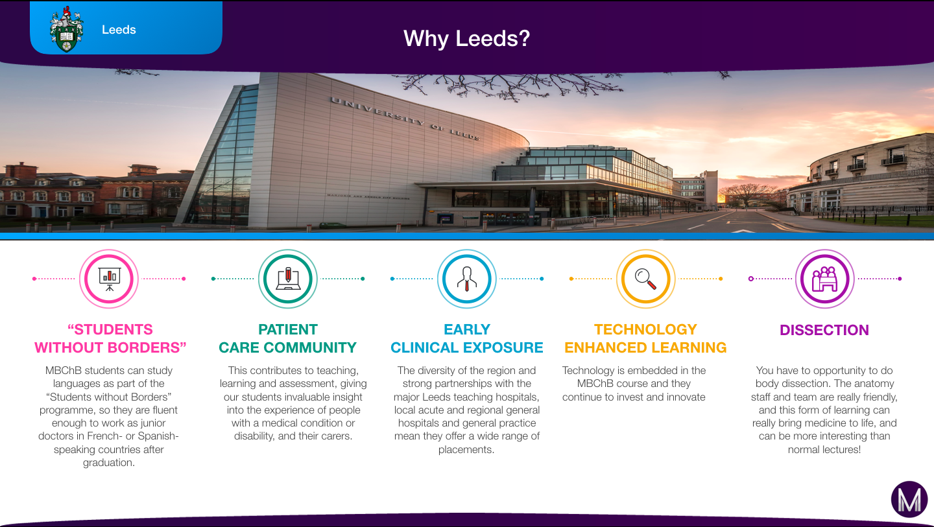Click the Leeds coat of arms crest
pyautogui.click(x=66, y=29)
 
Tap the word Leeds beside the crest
pyautogui.click(x=119, y=30)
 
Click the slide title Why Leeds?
pyautogui.click(x=466, y=38)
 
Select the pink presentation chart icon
pyautogui.click(x=109, y=279)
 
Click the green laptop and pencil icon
pyautogui.click(x=288, y=279)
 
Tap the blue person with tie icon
pyautogui.click(x=466, y=279)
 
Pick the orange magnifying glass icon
pyautogui.click(x=645, y=279)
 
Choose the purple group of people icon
pyautogui.click(x=824, y=279)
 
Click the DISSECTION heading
pyautogui.click(x=824, y=330)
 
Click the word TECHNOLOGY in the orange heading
pyautogui.click(x=645, y=329)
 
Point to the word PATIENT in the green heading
pyautogui.click(x=288, y=329)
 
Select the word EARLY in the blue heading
pyautogui.click(x=466, y=329)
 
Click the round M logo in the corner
pyautogui.click(x=909, y=499)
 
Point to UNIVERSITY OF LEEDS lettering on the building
pyautogui.click(x=405, y=119)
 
